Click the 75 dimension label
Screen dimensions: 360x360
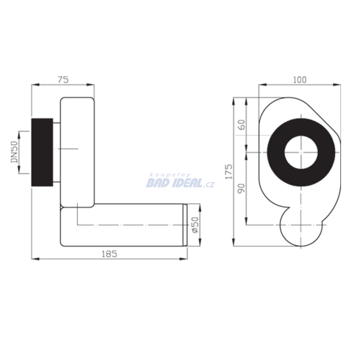coord(63,80)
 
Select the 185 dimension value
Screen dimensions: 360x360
coord(109,254)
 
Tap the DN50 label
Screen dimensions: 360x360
coord(14,152)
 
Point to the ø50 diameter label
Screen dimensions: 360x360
coord(195,225)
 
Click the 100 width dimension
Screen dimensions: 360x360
coord(300,80)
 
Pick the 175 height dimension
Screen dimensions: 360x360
coord(229,172)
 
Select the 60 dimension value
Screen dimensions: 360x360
coord(242,125)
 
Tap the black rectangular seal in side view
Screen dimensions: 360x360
coord(42,152)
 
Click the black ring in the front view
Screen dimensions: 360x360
coord(276,152)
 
